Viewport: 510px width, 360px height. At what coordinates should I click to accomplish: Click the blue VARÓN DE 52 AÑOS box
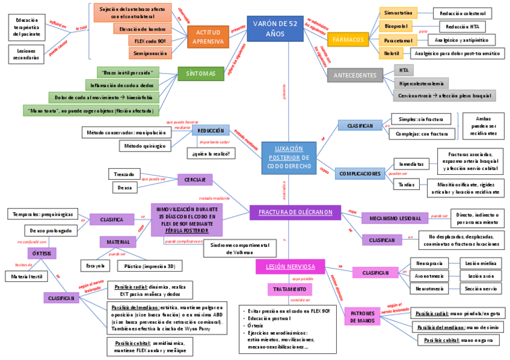(x=275, y=28)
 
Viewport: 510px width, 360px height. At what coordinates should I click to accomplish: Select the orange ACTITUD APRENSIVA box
(x=208, y=37)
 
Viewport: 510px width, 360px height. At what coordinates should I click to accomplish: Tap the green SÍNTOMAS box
(x=201, y=73)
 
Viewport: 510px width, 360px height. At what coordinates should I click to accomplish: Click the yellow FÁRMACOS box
(x=348, y=40)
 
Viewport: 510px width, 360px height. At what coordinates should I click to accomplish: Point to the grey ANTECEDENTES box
(x=355, y=75)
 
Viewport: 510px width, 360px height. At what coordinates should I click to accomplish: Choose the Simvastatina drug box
(x=398, y=13)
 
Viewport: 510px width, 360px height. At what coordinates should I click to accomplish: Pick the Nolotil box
(x=392, y=53)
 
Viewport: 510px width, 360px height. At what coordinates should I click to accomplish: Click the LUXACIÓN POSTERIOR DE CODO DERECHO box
(x=289, y=157)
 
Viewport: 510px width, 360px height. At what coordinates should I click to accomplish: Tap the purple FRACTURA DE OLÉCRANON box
(x=295, y=212)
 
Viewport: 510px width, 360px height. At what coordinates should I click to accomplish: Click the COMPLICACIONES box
(x=360, y=174)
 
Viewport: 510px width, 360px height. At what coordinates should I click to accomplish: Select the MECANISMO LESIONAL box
(x=395, y=218)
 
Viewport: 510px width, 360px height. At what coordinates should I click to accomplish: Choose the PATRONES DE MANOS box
(x=362, y=317)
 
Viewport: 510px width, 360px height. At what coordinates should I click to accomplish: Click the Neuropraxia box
(x=429, y=263)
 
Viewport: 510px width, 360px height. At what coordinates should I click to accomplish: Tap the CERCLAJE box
(x=194, y=179)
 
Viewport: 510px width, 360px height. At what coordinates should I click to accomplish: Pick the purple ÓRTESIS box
(x=42, y=253)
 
